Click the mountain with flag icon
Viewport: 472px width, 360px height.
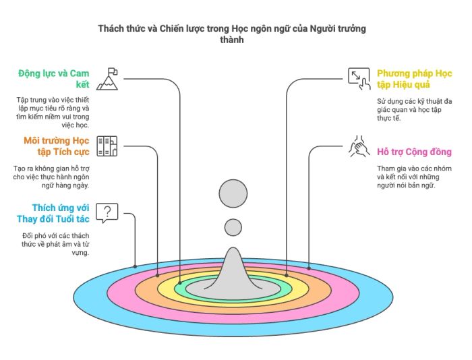107,79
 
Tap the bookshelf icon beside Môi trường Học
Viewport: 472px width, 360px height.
107,146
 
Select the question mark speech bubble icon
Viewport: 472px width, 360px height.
107,213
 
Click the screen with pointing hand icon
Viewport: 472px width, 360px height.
359,79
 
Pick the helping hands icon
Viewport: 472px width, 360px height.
359,146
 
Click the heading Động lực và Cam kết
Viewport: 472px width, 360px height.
54,79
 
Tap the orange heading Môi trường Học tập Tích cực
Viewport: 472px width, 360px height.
57,146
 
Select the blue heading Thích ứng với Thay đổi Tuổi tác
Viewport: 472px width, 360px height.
53,214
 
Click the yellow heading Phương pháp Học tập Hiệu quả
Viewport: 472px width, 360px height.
415,79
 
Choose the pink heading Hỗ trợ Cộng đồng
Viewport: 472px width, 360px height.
415,152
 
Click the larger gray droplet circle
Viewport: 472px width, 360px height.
233,193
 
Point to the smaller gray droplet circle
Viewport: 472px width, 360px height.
233,227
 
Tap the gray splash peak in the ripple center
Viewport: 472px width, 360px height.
233,272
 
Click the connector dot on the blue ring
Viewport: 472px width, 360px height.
135,266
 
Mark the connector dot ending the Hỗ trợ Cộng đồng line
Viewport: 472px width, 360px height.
309,268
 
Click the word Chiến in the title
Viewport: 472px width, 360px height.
170,28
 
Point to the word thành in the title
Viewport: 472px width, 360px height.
232,40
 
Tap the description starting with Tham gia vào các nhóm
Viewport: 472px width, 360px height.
414,177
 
